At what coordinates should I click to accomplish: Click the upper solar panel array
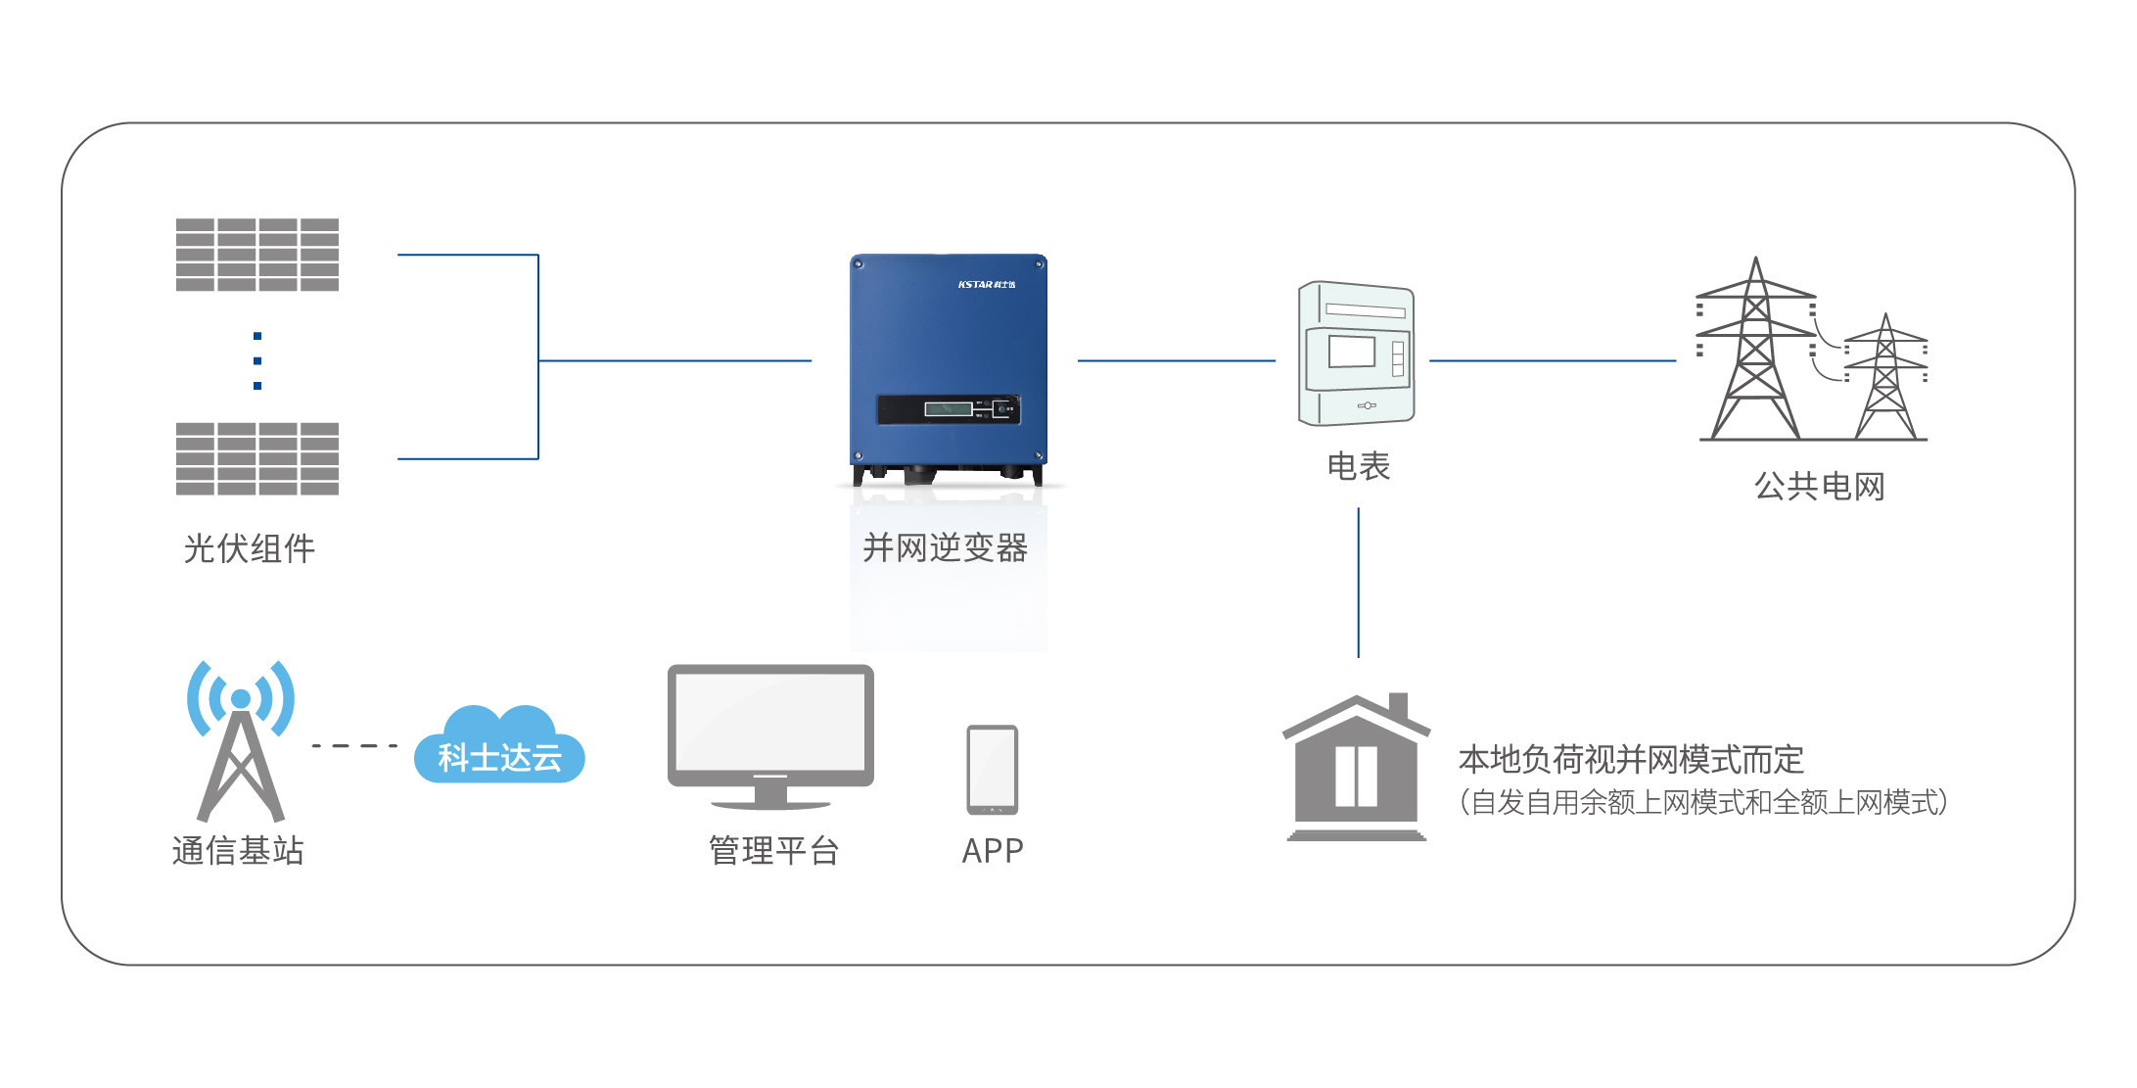257,255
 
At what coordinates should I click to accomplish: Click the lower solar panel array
257,458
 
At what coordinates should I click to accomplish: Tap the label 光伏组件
250,548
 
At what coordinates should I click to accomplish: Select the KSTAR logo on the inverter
986,284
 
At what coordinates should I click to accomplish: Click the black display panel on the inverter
948,409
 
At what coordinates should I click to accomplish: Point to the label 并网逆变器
945,548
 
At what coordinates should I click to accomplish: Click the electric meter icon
1356,355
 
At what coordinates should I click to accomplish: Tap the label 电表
1358,466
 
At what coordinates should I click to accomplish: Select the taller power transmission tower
1755,353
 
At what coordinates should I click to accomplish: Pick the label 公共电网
1819,486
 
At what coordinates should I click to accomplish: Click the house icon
1356,769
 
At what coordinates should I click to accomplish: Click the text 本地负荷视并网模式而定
1630,759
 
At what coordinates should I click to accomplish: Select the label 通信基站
238,850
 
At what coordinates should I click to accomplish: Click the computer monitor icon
770,734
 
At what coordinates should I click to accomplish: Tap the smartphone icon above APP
992,770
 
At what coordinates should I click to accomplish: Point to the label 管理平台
773,850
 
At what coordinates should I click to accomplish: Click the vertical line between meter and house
1358,583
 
